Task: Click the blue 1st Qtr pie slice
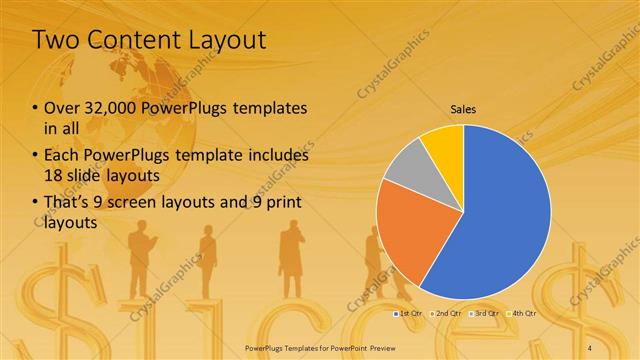(500, 215)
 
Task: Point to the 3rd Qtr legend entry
(482, 313)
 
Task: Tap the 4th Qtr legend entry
(521, 313)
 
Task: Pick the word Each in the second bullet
(62, 156)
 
